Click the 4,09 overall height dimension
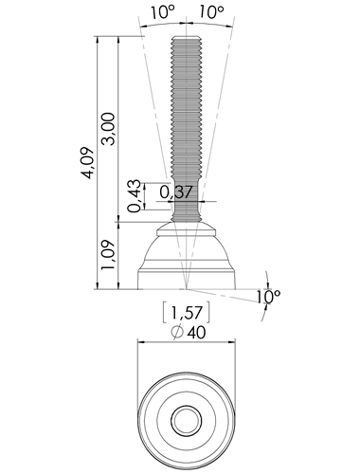88,163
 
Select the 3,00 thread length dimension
108,129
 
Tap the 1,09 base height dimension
107,255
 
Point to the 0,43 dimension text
135,196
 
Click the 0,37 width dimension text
176,191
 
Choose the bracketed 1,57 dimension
187,313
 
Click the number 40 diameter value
196,333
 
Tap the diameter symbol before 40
177,332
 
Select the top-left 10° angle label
162,13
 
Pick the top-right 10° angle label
211,13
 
